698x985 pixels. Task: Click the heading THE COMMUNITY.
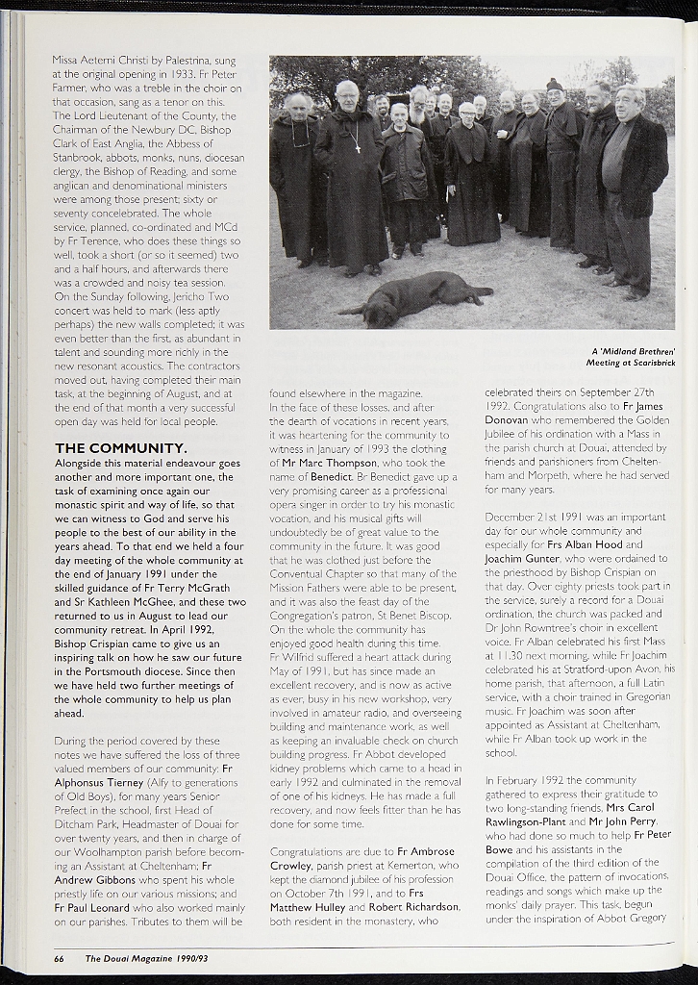[121, 448]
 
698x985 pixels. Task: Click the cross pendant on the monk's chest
[355, 148]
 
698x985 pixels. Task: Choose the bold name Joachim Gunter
[527, 558]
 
